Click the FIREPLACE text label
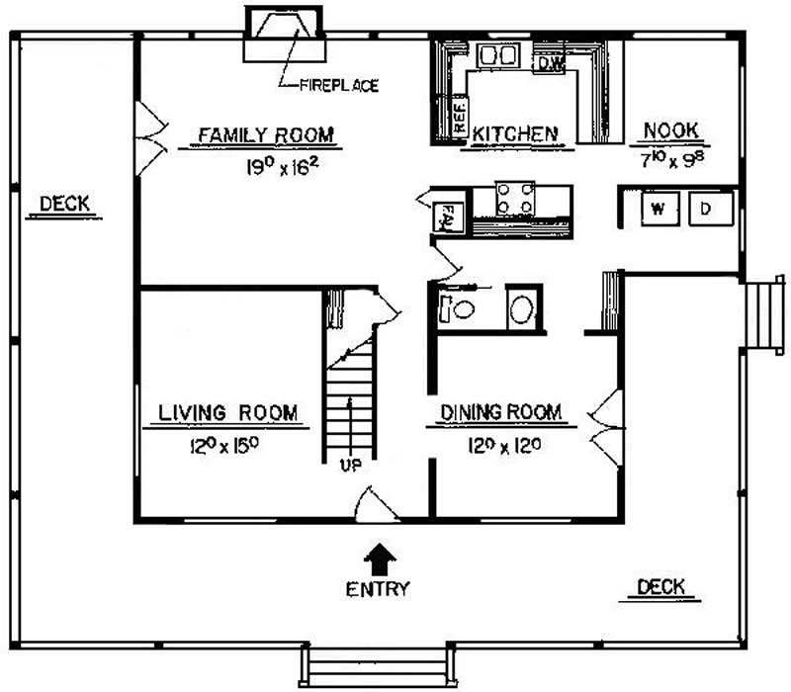(x=339, y=86)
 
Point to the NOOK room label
(x=671, y=130)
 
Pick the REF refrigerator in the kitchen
(x=460, y=118)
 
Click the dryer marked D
(x=707, y=209)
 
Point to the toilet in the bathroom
(x=459, y=308)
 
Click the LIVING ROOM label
(x=227, y=413)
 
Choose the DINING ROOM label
(x=501, y=412)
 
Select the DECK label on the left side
(x=64, y=205)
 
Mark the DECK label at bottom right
(x=661, y=587)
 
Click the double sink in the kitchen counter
(x=495, y=57)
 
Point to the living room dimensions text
(x=225, y=446)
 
